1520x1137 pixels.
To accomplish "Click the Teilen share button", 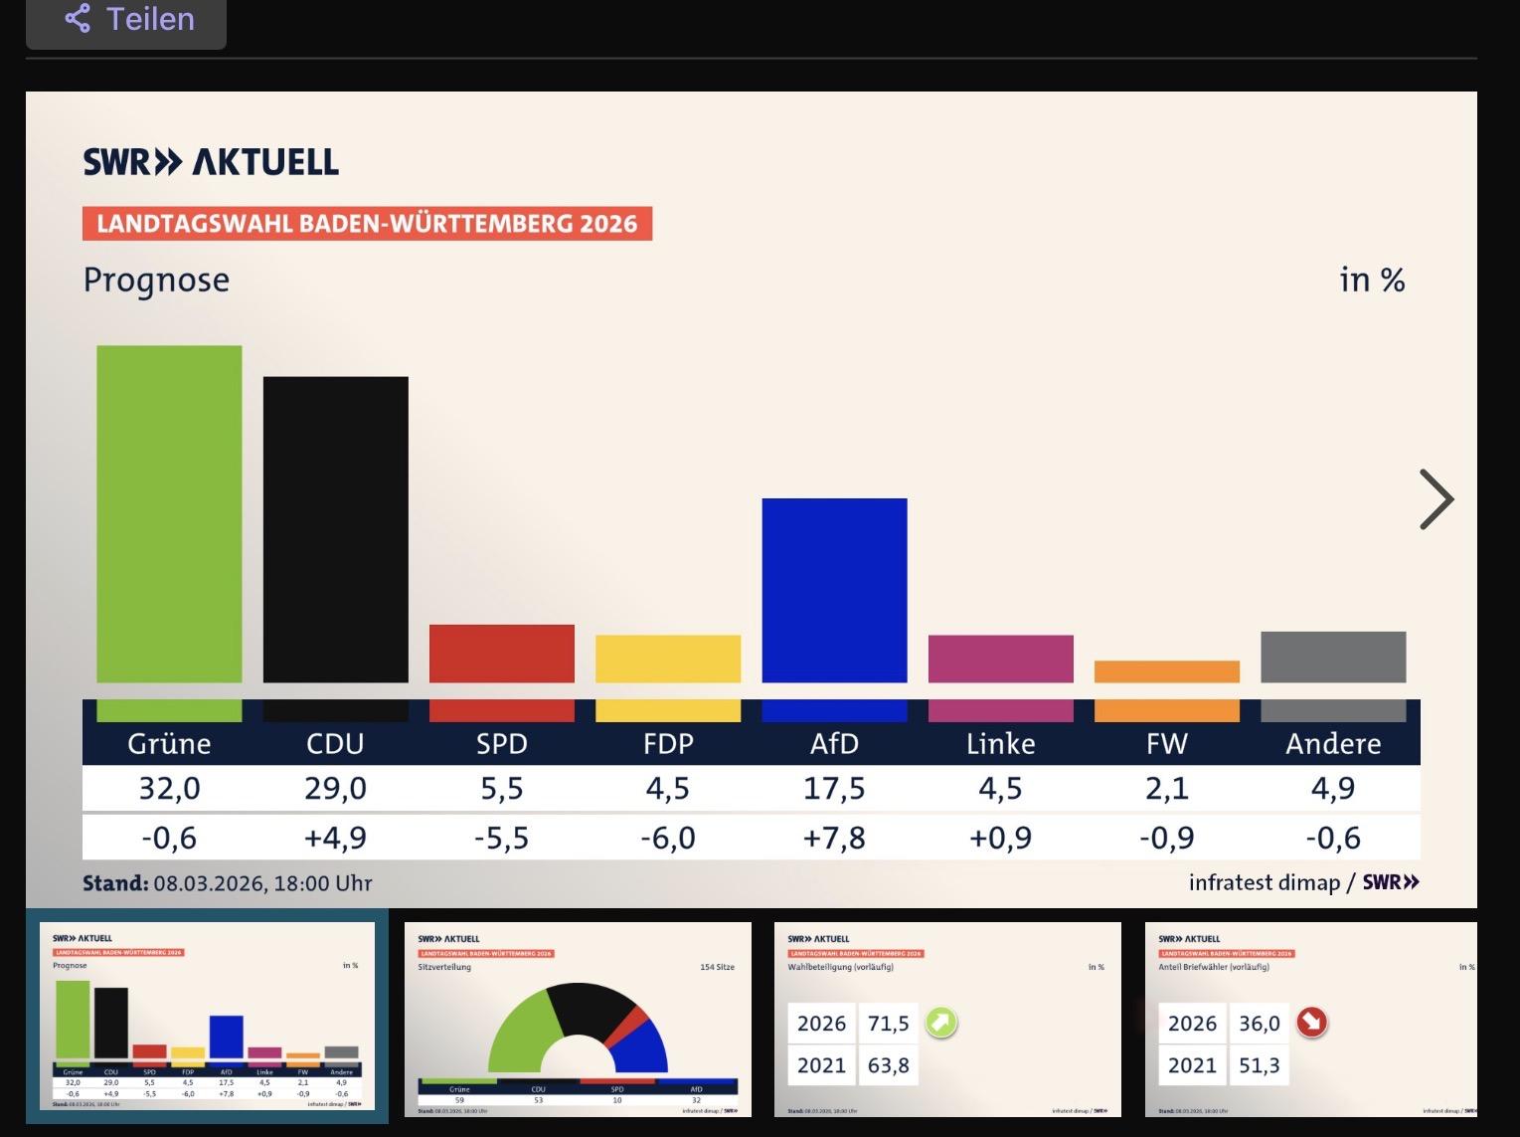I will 127,19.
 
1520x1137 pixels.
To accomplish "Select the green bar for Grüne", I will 169,513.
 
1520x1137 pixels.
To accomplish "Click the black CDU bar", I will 335,529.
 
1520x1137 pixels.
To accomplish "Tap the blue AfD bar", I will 834,590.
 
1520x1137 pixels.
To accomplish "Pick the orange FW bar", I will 1166,671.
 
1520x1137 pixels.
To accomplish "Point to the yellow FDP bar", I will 668,659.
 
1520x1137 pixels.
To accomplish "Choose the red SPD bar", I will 502,654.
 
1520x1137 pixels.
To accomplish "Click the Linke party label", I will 1000,743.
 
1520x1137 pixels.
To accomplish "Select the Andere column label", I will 1332,743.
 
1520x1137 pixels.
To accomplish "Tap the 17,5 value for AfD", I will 834,789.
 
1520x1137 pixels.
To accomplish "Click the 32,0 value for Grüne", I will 169,789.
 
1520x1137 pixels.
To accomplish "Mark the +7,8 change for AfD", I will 834,838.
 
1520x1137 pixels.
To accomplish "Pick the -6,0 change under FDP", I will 668,838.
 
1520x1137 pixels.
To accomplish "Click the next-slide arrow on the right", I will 1436,499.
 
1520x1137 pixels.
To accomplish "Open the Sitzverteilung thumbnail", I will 578,1020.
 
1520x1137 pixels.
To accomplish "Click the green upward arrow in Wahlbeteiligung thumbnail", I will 940,1023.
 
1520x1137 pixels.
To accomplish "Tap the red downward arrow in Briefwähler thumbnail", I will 1312,1023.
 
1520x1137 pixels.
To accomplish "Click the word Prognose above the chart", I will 156,281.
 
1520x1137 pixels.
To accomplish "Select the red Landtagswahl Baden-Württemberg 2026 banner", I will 367,223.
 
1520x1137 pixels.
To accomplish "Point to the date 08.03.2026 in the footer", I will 209,883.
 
